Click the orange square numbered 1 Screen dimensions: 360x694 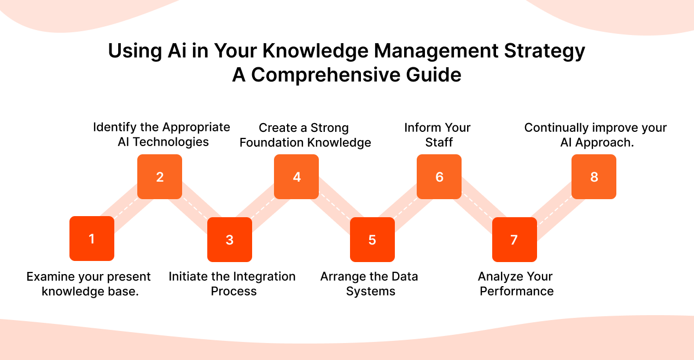pyautogui.click(x=92, y=239)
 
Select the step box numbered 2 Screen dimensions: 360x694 pyautogui.click(x=160, y=177)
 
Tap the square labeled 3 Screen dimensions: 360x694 pyautogui.click(x=230, y=240)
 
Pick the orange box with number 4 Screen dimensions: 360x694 pyautogui.click(x=296, y=177)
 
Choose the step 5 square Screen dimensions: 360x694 pyautogui.click(x=372, y=240)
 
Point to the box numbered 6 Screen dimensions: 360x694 pyautogui.click(x=439, y=177)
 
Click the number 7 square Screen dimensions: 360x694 pyautogui.click(x=514, y=240)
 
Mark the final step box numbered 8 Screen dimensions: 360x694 pyautogui.click(x=594, y=177)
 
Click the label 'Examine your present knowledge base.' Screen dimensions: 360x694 pyautogui.click(x=89, y=284)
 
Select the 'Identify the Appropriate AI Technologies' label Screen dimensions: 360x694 pyautogui.click(x=161, y=135)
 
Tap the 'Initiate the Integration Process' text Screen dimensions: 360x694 pyautogui.click(x=232, y=284)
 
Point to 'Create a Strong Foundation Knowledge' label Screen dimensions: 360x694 pyautogui.click(x=305, y=135)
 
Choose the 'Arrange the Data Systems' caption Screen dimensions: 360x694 pyautogui.click(x=370, y=284)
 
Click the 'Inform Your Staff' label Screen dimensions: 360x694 pyautogui.click(x=438, y=135)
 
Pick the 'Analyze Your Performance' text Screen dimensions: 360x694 pyautogui.click(x=516, y=284)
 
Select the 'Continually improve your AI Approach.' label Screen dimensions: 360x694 pyautogui.click(x=595, y=135)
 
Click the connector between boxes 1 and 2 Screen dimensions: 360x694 pyautogui.click(x=125, y=208)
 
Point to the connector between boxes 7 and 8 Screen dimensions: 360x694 pyautogui.click(x=554, y=208)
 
